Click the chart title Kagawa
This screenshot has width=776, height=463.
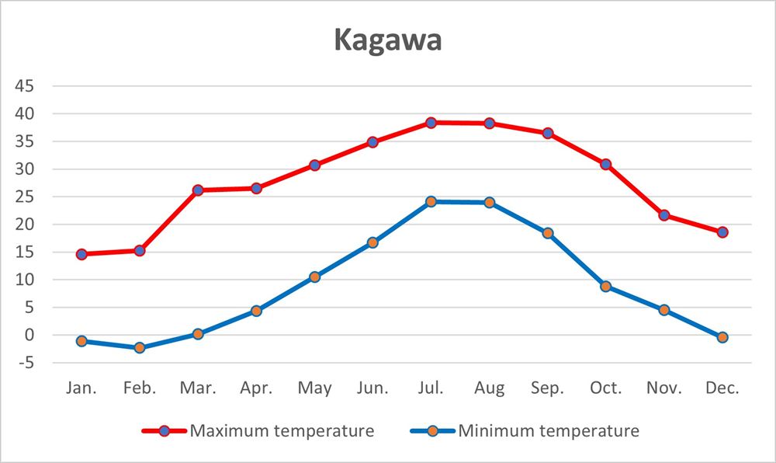click(x=388, y=40)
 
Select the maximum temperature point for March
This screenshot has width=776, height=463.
click(x=198, y=190)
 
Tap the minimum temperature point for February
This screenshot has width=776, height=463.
click(x=140, y=347)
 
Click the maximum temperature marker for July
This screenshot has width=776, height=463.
click(x=431, y=123)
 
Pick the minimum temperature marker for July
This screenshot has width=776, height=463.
click(x=431, y=202)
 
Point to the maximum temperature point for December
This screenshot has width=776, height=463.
click(x=722, y=231)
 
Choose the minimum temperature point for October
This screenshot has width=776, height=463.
click(x=606, y=286)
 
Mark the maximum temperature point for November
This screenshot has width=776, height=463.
click(x=664, y=215)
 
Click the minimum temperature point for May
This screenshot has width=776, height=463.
click(x=314, y=277)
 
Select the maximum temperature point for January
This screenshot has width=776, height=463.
click(x=81, y=254)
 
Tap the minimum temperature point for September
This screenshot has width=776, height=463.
click(x=548, y=233)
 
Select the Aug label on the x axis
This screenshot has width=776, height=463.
click(x=489, y=388)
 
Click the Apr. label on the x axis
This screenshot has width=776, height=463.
click(x=256, y=388)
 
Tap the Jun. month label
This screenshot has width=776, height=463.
click(x=372, y=388)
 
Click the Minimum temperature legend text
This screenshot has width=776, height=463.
click(x=549, y=430)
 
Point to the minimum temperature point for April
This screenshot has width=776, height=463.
click(x=256, y=311)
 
